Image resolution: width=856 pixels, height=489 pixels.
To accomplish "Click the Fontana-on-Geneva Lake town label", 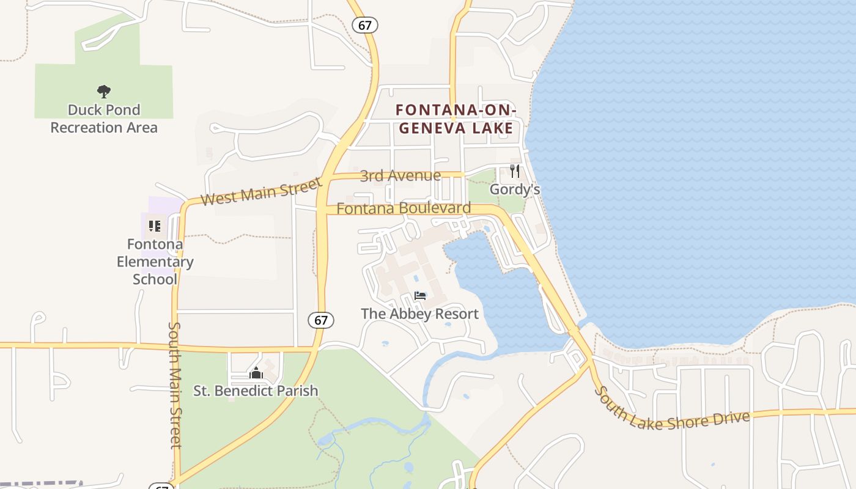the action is (456, 119).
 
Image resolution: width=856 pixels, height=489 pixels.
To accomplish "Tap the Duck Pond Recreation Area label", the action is (104, 119).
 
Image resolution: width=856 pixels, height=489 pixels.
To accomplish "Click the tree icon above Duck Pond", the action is (104, 92).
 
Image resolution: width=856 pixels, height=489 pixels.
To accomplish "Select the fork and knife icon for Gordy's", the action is (515, 171).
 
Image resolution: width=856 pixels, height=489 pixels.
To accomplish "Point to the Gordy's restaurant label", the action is (515, 189).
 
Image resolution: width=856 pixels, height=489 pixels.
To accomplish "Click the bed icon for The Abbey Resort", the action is (420, 296).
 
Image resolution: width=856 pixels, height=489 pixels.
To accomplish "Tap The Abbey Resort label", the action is (419, 314).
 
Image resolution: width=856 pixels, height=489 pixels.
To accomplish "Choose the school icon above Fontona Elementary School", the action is (155, 226).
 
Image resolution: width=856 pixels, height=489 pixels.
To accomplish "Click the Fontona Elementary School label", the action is (155, 262).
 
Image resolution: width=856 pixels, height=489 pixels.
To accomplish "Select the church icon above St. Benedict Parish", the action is (256, 372).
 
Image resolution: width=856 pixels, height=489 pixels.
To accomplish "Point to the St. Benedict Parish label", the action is (256, 390).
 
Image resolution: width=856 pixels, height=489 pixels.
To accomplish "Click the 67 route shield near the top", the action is (365, 25).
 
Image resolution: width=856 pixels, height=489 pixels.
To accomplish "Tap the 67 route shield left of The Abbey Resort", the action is (322, 320).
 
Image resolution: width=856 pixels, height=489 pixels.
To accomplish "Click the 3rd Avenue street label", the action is (400, 176).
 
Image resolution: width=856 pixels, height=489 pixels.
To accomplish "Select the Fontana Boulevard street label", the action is (404, 208).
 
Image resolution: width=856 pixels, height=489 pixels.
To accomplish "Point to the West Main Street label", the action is (261, 191).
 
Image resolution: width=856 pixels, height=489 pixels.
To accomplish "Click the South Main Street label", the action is (175, 385).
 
